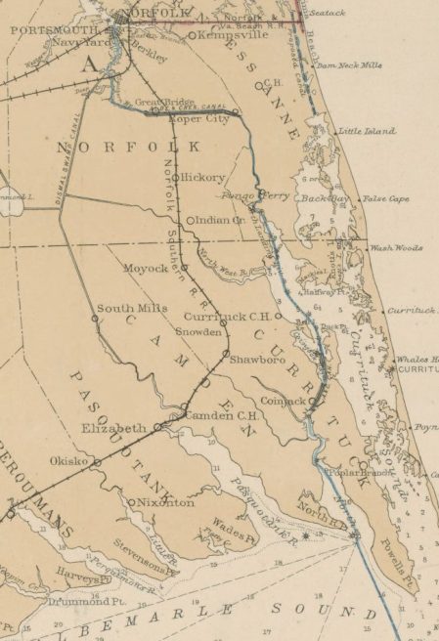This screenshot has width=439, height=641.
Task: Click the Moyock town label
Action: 146,268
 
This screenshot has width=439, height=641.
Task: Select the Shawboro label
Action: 257,360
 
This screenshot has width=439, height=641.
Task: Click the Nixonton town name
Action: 165,502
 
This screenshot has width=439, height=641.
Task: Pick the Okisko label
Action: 69,460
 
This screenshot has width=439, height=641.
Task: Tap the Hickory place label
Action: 202,177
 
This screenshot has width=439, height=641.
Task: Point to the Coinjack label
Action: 284,401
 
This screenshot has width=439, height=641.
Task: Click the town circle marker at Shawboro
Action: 225,353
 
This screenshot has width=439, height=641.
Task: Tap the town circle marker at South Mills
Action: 96,318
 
